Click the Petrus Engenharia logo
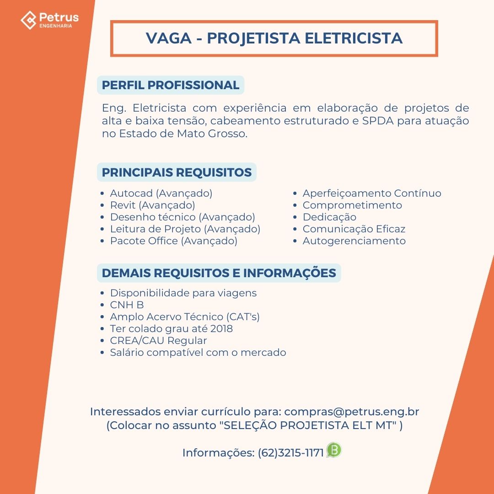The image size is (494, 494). [49, 20]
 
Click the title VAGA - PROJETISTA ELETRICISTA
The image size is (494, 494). [274, 38]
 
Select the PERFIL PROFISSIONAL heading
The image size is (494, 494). [171, 85]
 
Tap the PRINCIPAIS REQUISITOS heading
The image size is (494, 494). [177, 172]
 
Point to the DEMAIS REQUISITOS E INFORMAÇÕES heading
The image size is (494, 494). [219, 273]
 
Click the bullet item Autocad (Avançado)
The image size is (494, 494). [161, 193]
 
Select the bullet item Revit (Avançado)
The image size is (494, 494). [152, 205]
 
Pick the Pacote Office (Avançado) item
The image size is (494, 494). [173, 241]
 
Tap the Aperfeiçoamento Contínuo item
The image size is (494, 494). [372, 193]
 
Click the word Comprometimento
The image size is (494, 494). [352, 205]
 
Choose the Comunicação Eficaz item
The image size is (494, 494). [354, 229]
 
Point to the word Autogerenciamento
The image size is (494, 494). [354, 241]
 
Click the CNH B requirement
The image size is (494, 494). [127, 305]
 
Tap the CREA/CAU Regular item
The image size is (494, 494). [158, 341]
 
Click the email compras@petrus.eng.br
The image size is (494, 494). [355, 412]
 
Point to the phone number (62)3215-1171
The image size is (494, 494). [291, 453]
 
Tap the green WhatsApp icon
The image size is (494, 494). [334, 451]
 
